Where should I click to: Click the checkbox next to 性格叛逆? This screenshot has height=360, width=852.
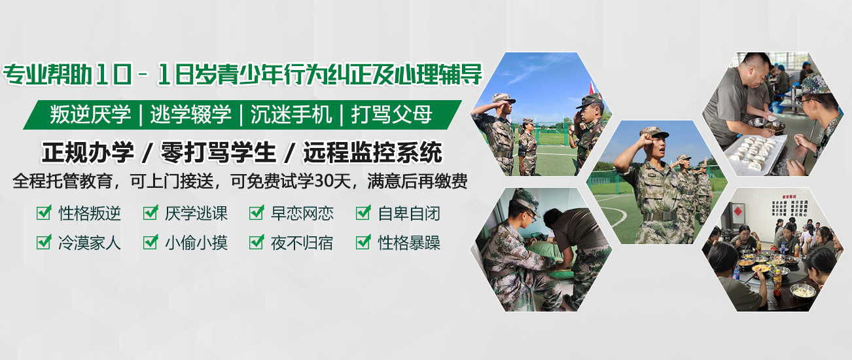(44, 213)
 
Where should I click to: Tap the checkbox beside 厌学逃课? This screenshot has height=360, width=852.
(151, 213)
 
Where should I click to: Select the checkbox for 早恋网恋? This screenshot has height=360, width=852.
(257, 213)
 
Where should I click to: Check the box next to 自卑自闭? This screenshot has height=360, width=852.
(363, 213)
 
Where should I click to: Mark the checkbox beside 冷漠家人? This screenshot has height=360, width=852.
(44, 242)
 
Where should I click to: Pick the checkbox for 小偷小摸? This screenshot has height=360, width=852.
(151, 242)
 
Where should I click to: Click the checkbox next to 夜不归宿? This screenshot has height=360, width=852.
(257, 242)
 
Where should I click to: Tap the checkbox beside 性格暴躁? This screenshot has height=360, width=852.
(363, 242)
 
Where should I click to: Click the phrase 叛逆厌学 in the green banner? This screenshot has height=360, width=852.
(90, 115)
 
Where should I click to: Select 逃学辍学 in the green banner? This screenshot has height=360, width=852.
(190, 115)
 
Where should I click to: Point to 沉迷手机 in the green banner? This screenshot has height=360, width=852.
(291, 115)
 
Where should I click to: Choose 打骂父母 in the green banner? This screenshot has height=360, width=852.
(391, 115)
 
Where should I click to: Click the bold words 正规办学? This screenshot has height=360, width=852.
(88, 153)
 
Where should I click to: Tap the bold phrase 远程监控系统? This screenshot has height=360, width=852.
(372, 153)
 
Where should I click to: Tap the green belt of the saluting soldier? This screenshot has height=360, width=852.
(660, 216)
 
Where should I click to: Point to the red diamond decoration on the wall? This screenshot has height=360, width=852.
(738, 211)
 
